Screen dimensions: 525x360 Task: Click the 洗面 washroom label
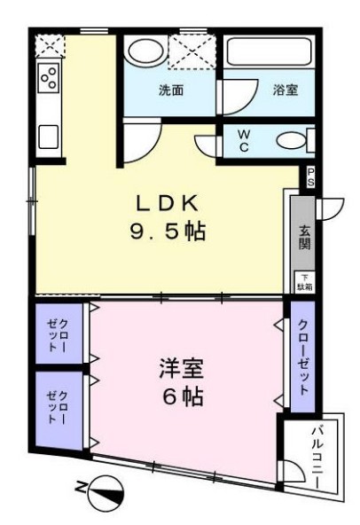171,90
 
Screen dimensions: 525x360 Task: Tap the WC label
244,140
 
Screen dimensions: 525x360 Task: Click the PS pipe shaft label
310,176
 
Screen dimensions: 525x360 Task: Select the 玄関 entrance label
304,235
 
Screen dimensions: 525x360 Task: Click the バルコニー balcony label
317,456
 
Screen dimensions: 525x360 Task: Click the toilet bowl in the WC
291,140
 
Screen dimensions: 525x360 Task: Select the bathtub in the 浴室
269,52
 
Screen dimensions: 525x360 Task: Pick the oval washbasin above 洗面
143,51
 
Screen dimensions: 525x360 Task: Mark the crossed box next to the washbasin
194,51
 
